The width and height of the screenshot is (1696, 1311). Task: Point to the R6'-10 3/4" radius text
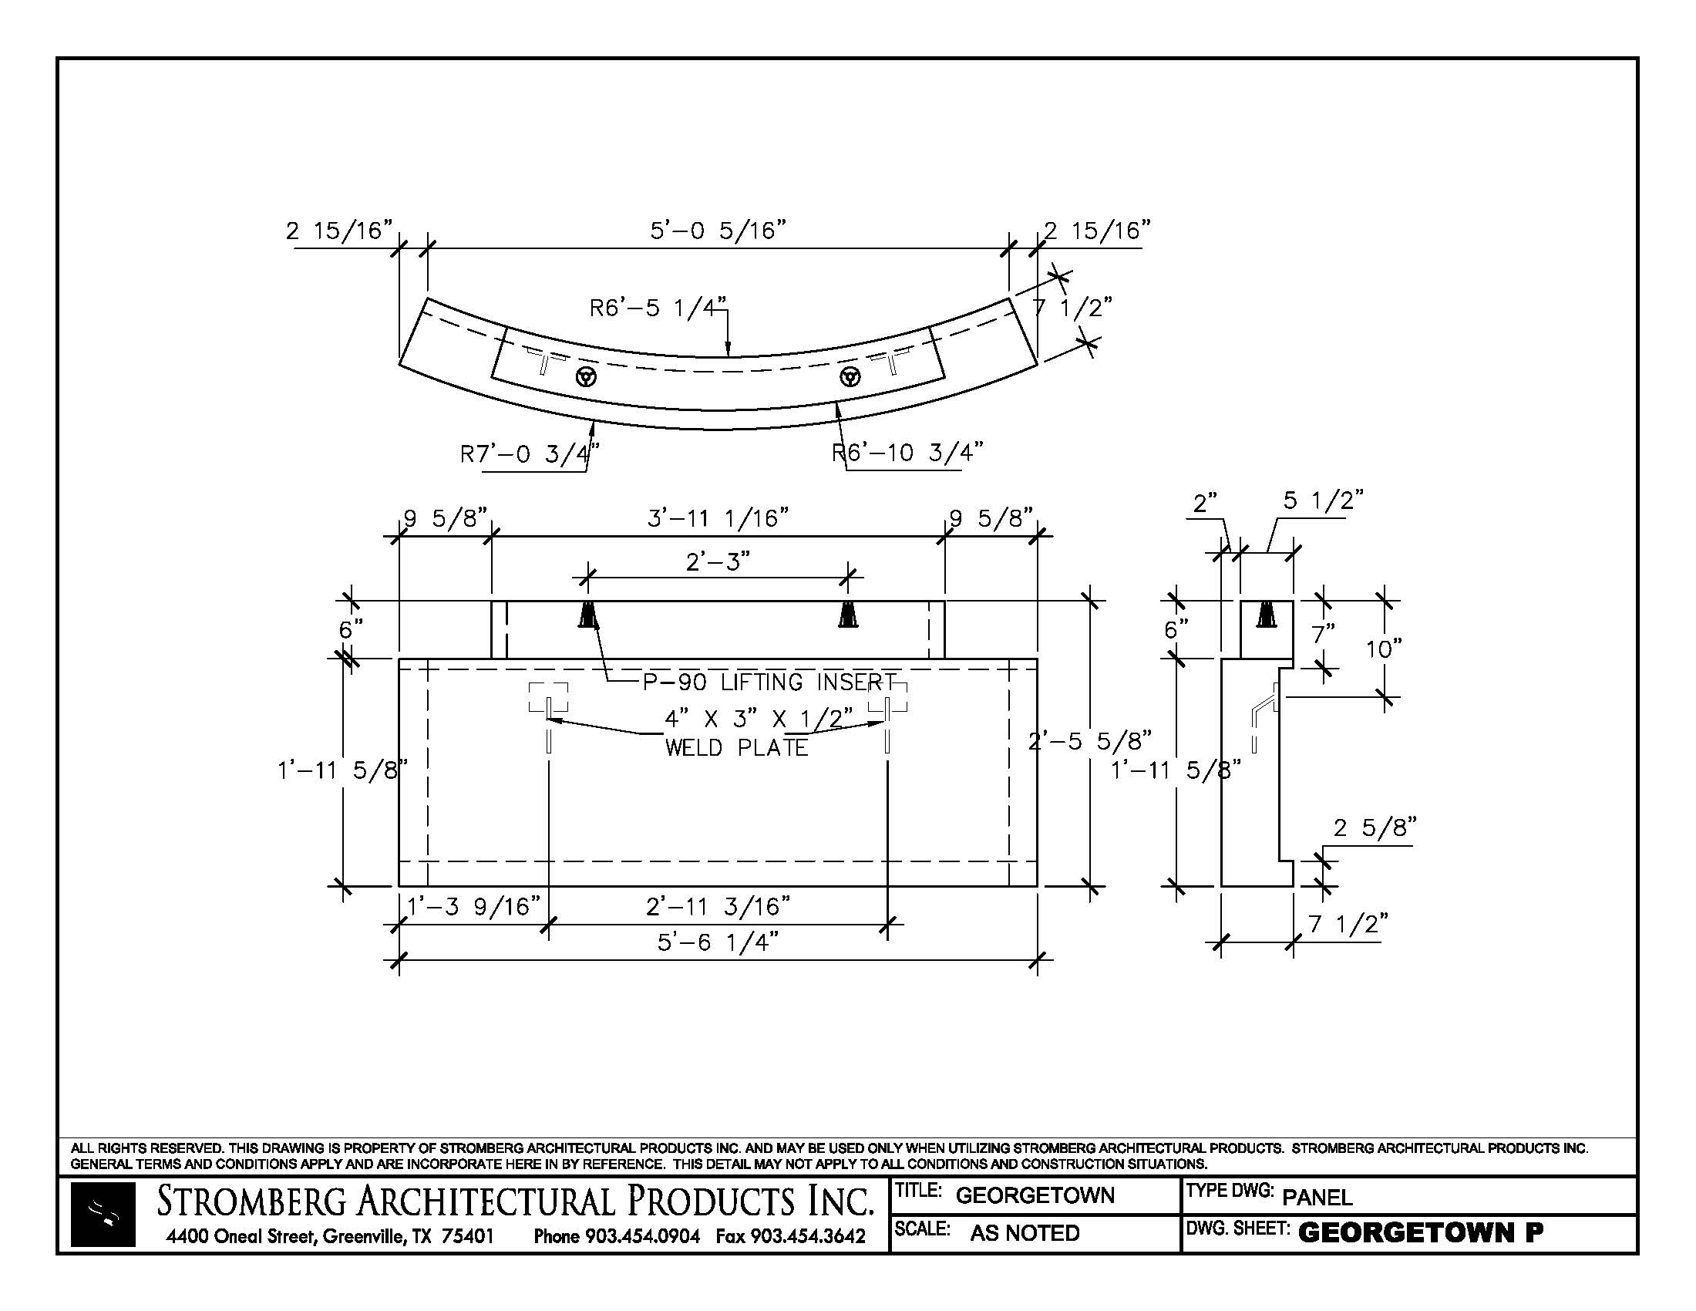907,452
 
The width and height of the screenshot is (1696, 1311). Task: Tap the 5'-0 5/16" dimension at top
718,230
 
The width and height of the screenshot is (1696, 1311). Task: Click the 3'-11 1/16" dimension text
718,517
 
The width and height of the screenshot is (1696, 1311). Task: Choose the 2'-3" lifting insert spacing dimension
718,561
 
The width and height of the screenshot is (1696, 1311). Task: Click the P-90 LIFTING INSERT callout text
769,682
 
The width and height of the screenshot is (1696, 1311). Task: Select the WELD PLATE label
736,747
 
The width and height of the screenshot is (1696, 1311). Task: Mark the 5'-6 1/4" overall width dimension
718,942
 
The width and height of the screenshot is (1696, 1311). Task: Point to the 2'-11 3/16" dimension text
718,905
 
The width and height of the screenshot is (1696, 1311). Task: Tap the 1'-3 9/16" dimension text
473,905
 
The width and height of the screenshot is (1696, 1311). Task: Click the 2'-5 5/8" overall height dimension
1089,741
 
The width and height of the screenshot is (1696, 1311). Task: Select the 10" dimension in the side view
1384,648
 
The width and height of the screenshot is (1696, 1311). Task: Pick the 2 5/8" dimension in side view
1375,828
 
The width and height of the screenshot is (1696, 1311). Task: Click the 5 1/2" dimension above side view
1323,500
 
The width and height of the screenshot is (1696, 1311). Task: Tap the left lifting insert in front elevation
589,615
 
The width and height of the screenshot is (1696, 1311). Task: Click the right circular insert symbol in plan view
850,377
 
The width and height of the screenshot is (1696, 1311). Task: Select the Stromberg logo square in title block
103,1215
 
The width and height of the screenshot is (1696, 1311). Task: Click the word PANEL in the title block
1317,1197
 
